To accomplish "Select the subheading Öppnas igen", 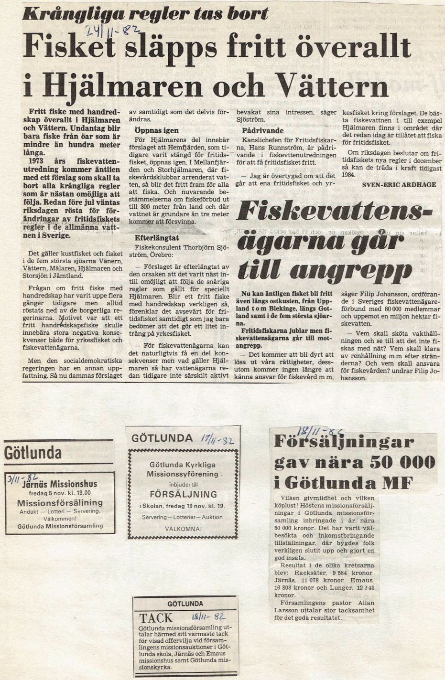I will coord(156,130).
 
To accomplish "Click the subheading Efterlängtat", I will coord(157,237).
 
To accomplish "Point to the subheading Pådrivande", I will coord(262,130).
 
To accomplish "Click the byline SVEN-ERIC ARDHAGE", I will coord(399,184).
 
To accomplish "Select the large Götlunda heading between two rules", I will coord(33,452).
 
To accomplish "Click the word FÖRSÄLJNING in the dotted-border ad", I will coord(183,494).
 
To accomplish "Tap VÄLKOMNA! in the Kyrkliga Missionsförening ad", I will coord(183,529).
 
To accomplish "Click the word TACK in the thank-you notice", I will coord(156,618).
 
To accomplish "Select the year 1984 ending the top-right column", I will coord(348,175).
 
